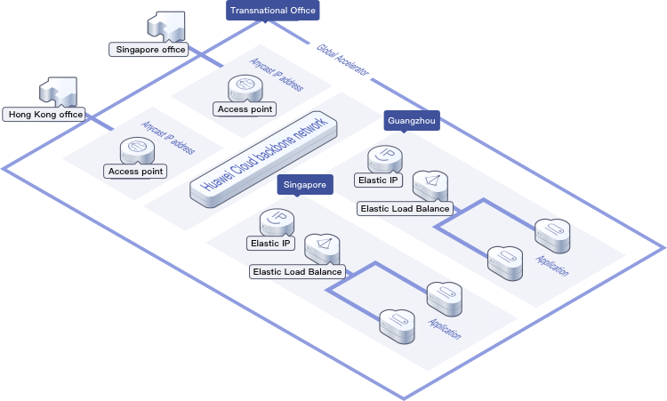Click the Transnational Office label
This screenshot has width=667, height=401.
point(273,11)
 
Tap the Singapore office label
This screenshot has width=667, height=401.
point(150,50)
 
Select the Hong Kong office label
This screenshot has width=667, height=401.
point(44,114)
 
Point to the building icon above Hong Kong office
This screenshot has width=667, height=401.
point(58,89)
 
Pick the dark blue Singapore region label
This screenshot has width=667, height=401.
point(305,184)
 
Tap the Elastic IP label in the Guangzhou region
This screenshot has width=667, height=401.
point(380,180)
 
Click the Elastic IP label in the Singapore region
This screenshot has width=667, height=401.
point(271,243)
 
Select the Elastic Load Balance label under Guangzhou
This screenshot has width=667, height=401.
point(405,208)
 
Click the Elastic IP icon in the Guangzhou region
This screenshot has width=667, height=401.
point(386,157)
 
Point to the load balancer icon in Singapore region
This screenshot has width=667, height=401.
point(322,247)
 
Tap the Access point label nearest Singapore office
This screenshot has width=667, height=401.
point(245,108)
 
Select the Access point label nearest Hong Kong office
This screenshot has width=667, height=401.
point(135,171)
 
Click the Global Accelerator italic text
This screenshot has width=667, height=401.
point(342,60)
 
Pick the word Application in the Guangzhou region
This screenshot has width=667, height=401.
point(551,264)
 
